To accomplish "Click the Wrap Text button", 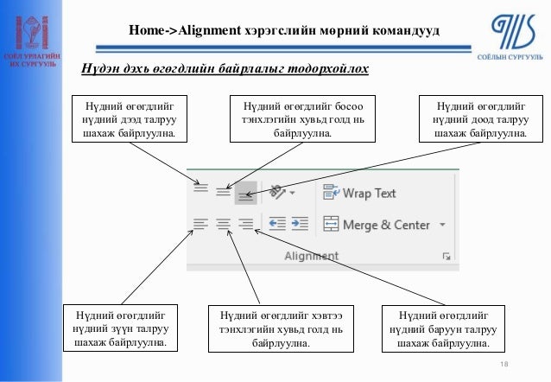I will (x=360, y=194).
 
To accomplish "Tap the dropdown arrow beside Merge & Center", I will (x=443, y=225).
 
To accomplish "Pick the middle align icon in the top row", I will (x=223, y=192).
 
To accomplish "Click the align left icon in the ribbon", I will (x=200, y=225).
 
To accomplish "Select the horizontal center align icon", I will (x=223, y=225).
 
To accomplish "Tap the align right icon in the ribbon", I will (x=245, y=225).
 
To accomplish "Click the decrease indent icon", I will (x=277, y=225).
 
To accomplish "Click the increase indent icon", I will (x=299, y=225).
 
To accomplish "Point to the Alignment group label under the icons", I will (x=311, y=257).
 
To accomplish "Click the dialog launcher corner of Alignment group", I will (x=446, y=257).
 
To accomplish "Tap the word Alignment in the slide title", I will (x=207, y=31).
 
